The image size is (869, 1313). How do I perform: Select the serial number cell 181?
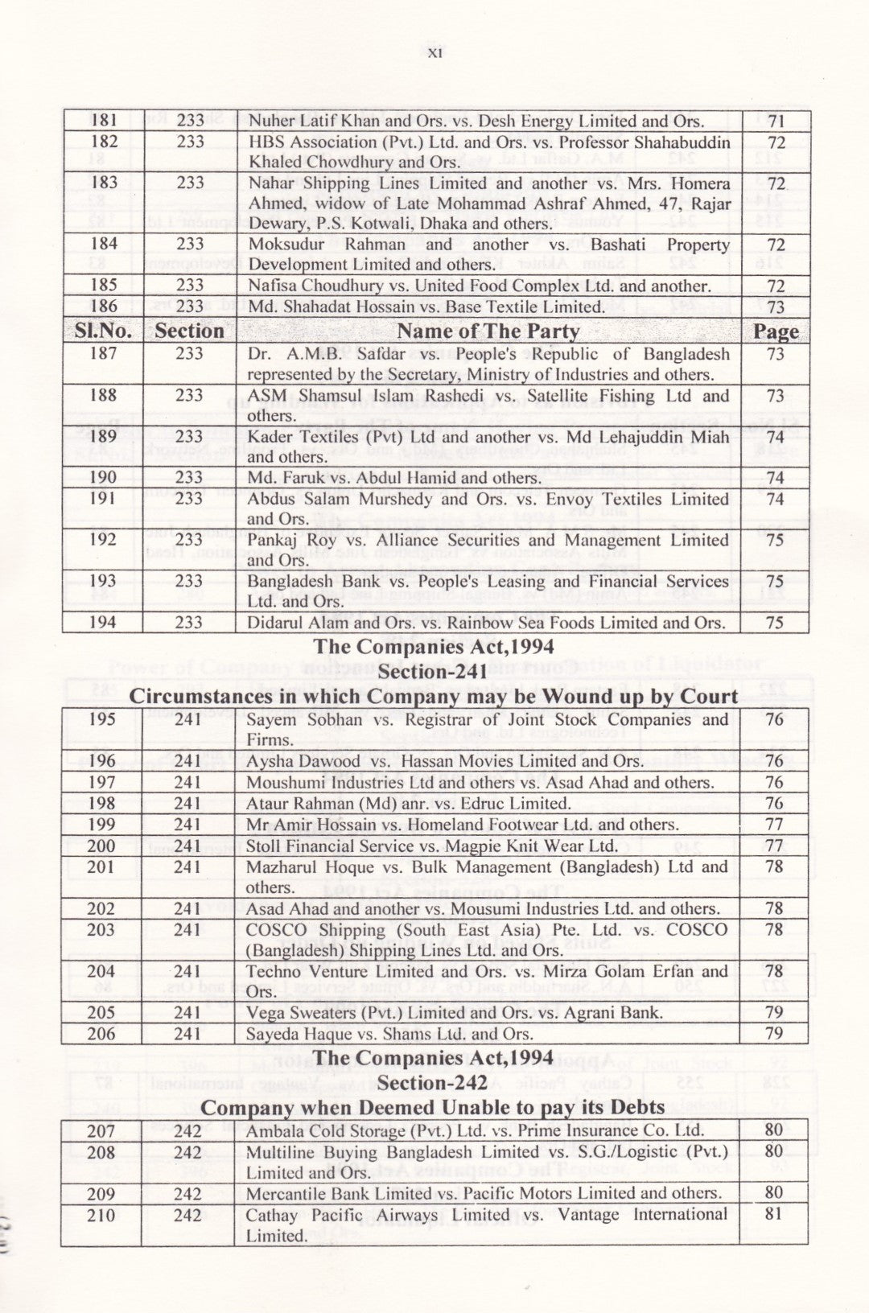click(104, 121)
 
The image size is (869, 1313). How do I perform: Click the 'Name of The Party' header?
click(488, 331)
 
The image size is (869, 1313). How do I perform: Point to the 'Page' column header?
click(776, 331)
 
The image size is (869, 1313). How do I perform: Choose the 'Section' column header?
click(189, 331)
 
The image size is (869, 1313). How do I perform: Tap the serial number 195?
click(102, 719)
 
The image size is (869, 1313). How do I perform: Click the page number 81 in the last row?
click(773, 1214)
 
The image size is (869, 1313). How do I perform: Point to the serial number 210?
click(101, 1215)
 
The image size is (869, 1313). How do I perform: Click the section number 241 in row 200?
click(188, 846)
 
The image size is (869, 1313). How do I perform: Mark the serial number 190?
click(102, 477)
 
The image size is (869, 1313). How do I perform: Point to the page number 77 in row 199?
click(774, 824)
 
